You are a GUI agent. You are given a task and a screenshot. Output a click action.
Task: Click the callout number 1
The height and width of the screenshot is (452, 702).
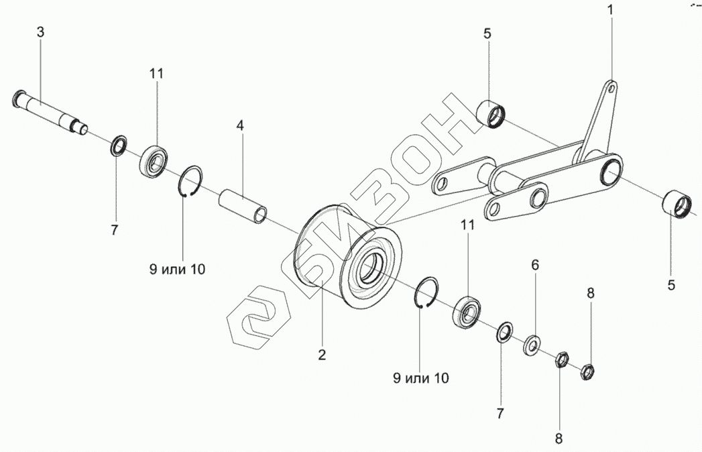[x=611, y=10]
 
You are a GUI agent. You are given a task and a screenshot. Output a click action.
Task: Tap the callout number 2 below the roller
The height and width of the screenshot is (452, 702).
[x=322, y=355]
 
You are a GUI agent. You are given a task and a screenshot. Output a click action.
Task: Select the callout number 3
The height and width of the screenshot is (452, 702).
[x=41, y=32]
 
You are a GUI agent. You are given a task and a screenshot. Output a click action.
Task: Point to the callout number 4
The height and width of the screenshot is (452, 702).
[x=241, y=125]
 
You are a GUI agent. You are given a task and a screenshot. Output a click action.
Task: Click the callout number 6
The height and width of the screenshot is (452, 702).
[x=535, y=265]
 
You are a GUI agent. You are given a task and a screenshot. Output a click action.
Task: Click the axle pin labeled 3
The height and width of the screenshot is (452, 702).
[x=49, y=111]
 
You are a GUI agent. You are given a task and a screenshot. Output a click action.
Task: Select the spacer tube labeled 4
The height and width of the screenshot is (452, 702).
[x=242, y=205]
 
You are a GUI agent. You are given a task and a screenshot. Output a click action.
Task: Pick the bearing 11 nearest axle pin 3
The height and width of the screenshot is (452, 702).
[x=154, y=160]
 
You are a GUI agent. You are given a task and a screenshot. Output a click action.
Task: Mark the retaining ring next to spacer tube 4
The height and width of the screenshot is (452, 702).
[x=190, y=182]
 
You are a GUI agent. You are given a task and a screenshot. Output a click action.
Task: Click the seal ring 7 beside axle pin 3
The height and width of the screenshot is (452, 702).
[x=119, y=145]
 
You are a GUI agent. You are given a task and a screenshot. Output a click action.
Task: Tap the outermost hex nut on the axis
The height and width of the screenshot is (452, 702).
[x=587, y=371]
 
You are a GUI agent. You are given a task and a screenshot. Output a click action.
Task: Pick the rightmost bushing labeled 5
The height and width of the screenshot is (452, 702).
[x=677, y=204]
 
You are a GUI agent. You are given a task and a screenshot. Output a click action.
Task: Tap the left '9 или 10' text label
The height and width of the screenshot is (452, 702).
[x=177, y=269]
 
